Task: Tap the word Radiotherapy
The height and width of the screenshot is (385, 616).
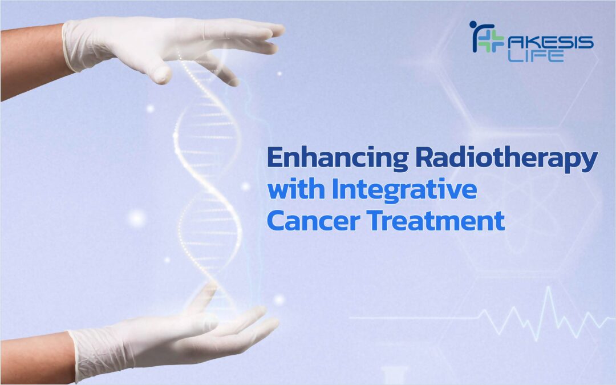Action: click(x=506, y=159)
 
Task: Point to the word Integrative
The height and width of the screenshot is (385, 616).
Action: click(x=404, y=191)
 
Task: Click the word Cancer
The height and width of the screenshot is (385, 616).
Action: click(x=314, y=221)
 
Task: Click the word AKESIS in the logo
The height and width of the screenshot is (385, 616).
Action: click(x=550, y=42)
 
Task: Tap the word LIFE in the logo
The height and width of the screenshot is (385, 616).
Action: click(x=536, y=56)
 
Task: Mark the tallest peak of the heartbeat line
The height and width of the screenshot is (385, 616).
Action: click(x=549, y=287)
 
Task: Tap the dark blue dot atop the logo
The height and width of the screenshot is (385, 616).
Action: click(x=473, y=25)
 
